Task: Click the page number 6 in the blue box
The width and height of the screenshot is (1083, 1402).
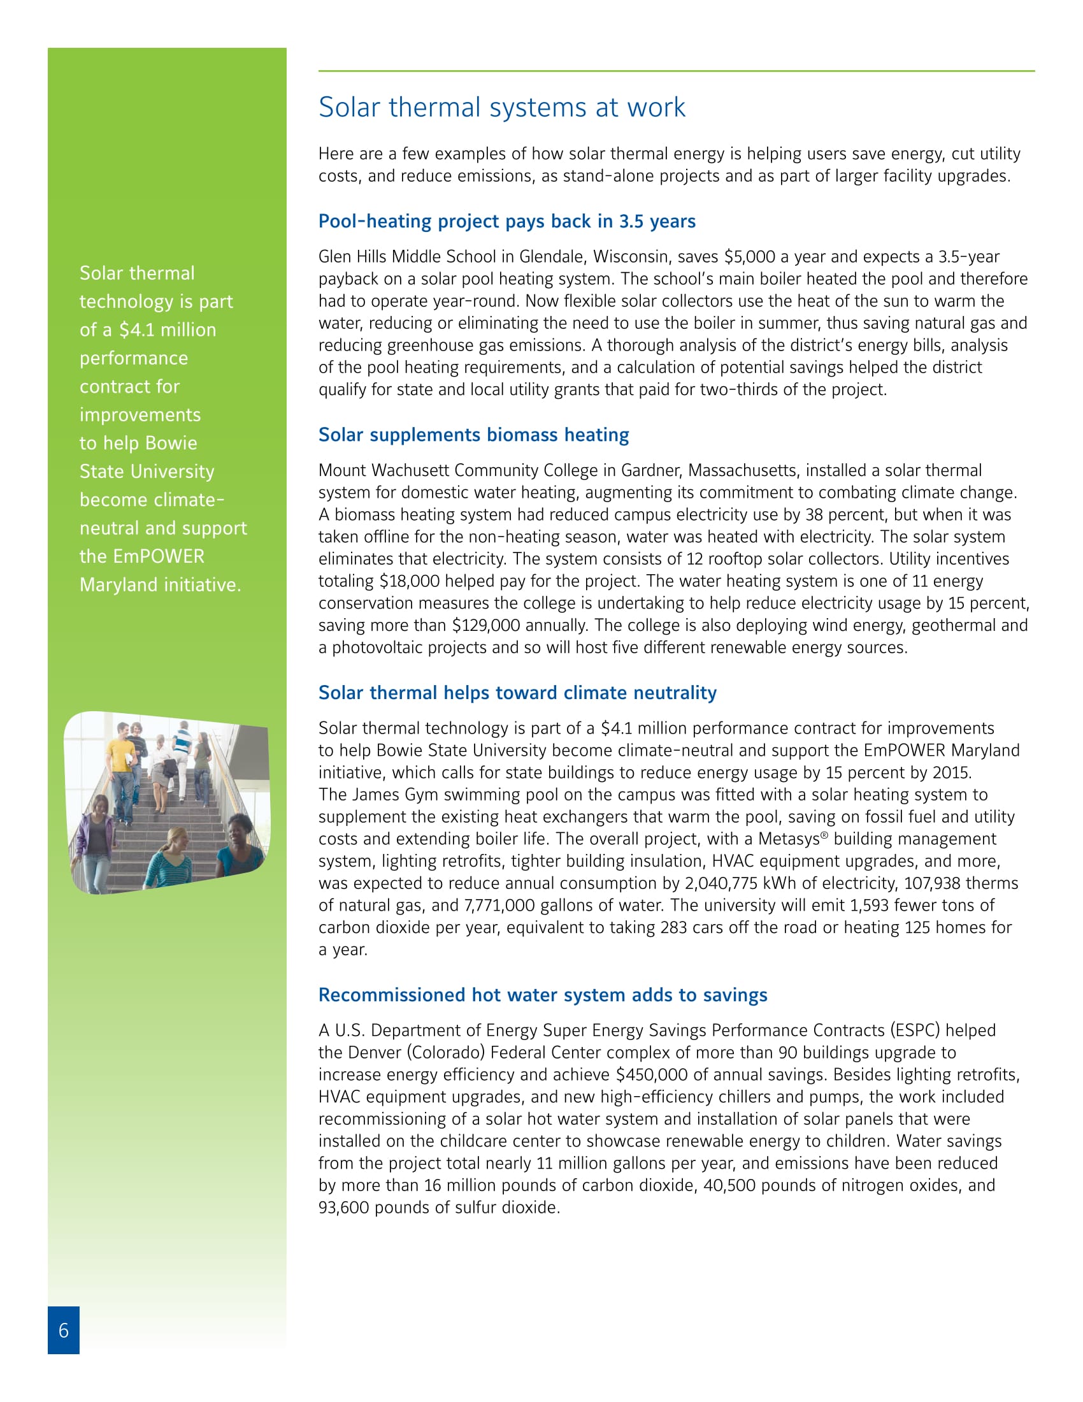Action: point(64,1329)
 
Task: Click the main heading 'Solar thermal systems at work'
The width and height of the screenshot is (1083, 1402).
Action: point(502,107)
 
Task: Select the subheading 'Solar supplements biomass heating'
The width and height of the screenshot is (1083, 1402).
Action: point(473,435)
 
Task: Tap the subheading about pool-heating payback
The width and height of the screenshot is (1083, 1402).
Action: point(507,221)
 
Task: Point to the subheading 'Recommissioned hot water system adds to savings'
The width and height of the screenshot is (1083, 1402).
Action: point(543,994)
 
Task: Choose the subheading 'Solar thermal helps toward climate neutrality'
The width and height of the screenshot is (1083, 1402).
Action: point(517,692)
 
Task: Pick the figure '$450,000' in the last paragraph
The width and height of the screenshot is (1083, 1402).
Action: point(651,1074)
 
